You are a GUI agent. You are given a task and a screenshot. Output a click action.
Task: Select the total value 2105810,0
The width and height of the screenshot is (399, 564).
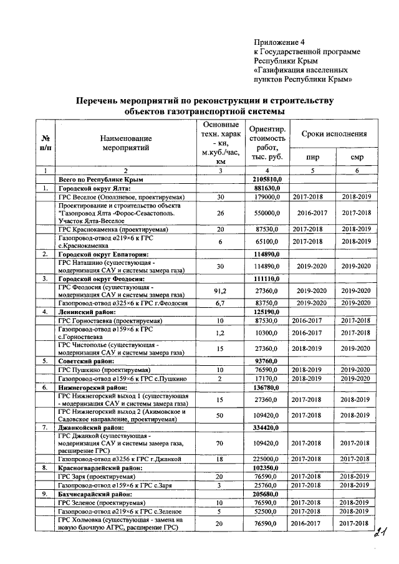pos(267,179)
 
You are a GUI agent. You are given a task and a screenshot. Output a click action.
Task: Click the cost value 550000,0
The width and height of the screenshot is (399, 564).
pos(267,213)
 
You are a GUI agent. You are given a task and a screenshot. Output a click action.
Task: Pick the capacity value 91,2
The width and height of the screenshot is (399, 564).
pos(219,290)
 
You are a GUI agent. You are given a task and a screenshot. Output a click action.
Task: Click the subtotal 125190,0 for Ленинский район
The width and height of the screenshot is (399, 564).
pos(267,311)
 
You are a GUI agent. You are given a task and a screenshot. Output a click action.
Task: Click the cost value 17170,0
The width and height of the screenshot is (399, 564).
pos(267,378)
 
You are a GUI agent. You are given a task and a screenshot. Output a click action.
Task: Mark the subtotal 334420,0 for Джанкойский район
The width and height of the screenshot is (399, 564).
pos(267,428)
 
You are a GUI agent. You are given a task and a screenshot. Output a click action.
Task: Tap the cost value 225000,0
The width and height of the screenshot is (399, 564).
pos(267,457)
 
